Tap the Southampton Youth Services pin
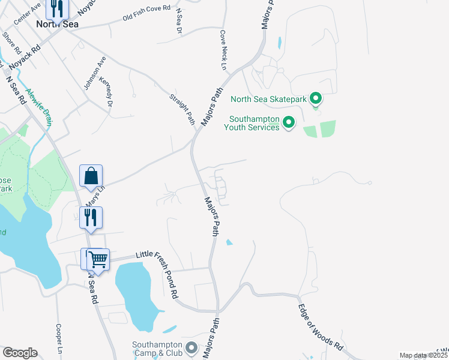pos(289,123)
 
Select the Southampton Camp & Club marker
pos(191,347)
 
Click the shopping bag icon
pos(91,176)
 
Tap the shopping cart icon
pos(98,260)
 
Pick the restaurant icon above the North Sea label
pos(58,8)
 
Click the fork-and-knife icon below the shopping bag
pos(91,217)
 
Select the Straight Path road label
pos(182,109)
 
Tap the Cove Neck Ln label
pos(223,50)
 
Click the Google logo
pos(20,353)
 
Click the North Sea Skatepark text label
pos(269,99)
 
